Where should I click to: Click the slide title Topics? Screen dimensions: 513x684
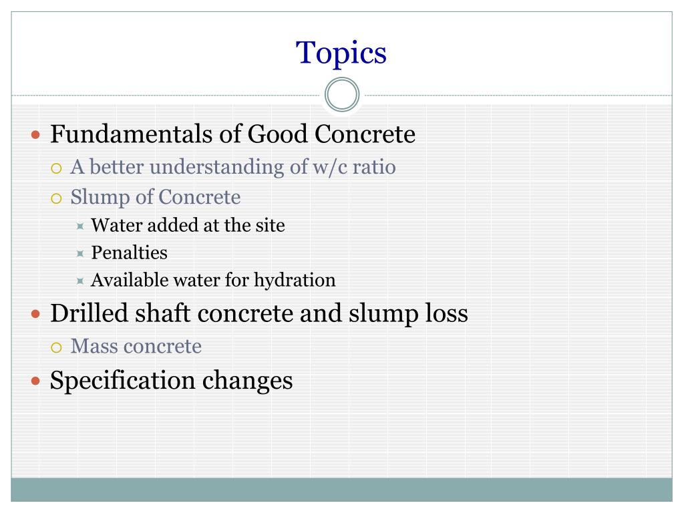coord(341,53)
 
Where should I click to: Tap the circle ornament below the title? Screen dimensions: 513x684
coord(342,95)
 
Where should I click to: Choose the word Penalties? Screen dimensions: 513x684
coord(129,253)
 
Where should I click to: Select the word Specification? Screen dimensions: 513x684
coord(122,381)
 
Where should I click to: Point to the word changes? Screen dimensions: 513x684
coord(247,381)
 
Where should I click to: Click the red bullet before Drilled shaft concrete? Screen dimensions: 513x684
coord(37,315)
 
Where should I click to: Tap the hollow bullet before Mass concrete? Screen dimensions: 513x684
coord(57,347)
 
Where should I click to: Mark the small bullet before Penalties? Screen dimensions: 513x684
coord(79,254)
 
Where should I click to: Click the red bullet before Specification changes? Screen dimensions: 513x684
coord(37,381)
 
